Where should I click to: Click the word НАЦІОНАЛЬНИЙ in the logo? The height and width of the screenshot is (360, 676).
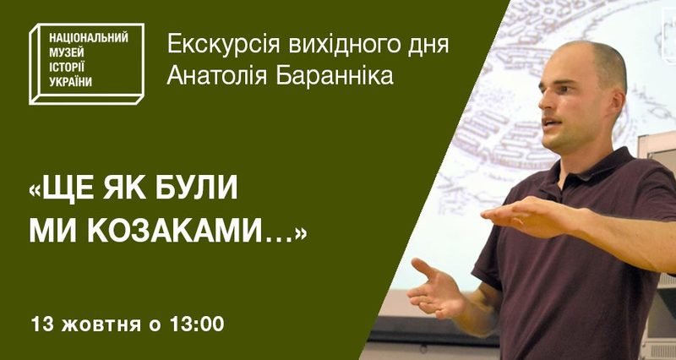coord(89,38)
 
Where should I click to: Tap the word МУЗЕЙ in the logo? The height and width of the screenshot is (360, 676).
coord(67,53)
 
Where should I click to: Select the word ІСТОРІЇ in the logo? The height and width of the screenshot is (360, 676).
coord(67,68)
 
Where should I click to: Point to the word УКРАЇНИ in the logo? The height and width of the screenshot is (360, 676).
coord(70,82)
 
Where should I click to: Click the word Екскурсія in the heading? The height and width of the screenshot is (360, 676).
coord(223,46)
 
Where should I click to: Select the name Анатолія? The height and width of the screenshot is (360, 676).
coord(217,76)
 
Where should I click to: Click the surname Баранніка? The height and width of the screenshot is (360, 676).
coord(335,76)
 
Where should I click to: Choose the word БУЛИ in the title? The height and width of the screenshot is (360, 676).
coord(197,188)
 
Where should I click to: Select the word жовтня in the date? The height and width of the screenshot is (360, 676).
coord(101,325)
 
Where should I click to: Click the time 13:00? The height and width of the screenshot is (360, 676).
coord(197,325)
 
